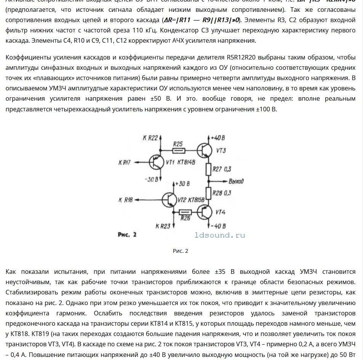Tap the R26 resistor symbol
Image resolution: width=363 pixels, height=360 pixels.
point(185,212)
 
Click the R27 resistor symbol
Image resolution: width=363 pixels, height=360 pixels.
point(209,169)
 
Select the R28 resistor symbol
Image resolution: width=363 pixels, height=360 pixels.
point(209,193)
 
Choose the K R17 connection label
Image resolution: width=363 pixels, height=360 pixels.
point(125,163)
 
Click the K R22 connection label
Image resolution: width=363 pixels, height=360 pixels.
point(150,138)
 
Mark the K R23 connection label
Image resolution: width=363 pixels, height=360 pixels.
point(163,226)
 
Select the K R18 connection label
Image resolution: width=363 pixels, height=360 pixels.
point(125,199)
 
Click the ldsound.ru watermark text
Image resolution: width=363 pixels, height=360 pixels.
point(220,236)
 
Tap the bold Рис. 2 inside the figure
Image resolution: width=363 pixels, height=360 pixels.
point(127,235)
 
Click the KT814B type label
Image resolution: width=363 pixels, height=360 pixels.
point(187,162)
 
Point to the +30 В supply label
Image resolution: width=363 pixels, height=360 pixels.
point(182,184)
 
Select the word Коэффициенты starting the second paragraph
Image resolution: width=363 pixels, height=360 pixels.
point(27,58)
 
